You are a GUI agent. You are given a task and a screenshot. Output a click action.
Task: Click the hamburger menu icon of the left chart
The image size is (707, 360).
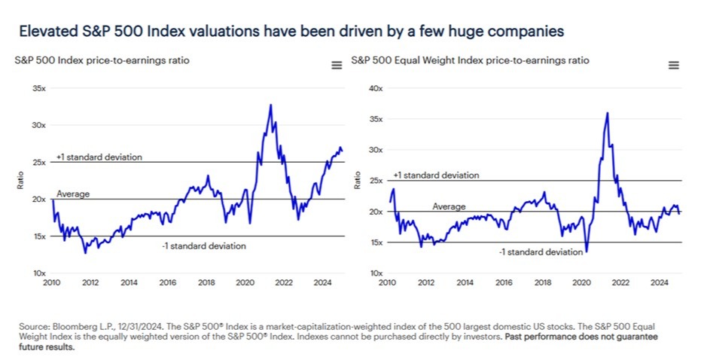[x=337, y=66]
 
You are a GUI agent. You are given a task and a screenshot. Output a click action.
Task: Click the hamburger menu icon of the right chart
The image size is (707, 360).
[x=674, y=66]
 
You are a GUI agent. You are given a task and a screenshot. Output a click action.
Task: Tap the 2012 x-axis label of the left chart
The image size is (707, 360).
[x=90, y=283]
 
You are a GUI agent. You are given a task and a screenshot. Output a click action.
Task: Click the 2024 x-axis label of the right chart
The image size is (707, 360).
[x=660, y=283]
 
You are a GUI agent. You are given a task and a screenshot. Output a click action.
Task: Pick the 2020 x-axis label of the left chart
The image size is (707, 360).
[x=245, y=283]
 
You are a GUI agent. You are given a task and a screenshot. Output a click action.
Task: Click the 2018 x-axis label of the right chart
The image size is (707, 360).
[x=542, y=283]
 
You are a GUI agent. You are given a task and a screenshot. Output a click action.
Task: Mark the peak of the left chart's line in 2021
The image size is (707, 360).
[x=270, y=105]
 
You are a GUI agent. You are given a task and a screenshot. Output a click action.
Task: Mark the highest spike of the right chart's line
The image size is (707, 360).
[x=607, y=113]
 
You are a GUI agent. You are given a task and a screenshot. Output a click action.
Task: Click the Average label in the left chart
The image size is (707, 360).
[x=73, y=194]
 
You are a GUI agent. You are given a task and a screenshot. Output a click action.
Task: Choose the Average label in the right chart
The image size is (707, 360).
[x=449, y=206]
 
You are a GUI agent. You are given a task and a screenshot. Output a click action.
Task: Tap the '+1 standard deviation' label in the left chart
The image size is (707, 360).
[x=99, y=157]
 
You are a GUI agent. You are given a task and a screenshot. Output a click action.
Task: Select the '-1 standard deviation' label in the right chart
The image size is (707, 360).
[x=541, y=252]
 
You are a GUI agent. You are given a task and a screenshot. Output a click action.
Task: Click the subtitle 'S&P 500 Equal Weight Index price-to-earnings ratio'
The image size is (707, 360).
[x=471, y=60]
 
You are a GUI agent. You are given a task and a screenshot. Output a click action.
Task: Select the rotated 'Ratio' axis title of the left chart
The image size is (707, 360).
[x=20, y=181]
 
